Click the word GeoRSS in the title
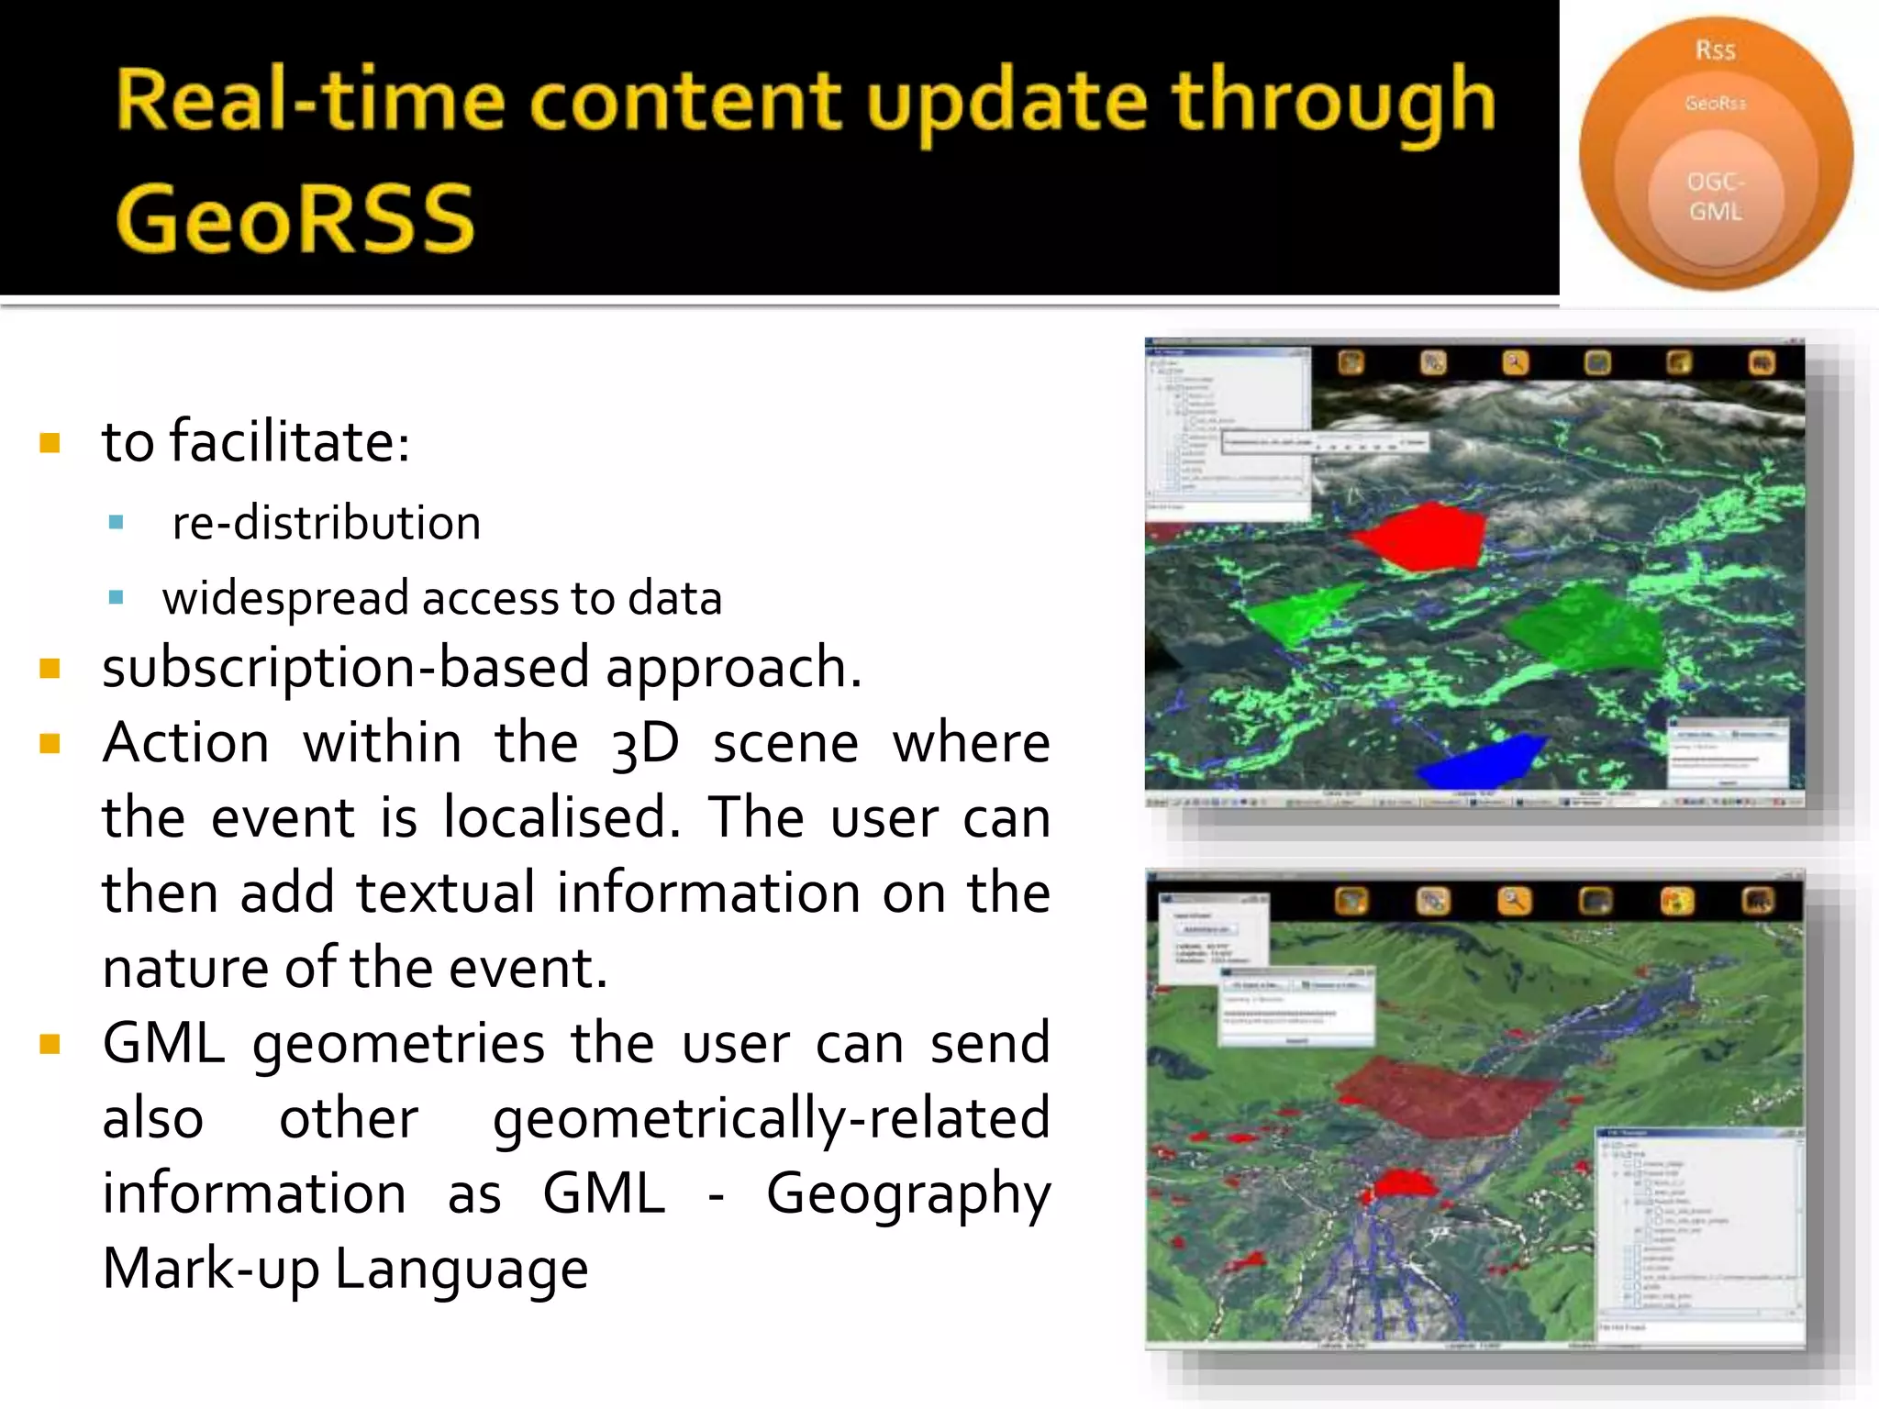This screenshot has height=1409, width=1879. [x=295, y=218]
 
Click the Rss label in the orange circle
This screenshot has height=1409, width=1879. [x=1715, y=50]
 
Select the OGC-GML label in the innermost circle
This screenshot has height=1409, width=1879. [x=1715, y=196]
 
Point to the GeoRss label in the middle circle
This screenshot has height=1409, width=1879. [x=1715, y=104]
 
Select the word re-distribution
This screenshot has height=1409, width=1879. [x=326, y=523]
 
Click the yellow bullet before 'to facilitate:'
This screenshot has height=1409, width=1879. [x=50, y=444]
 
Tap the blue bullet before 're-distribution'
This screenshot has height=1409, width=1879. [x=116, y=523]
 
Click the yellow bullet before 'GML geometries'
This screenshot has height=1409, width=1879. [x=50, y=1045]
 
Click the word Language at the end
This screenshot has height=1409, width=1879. [x=461, y=1270]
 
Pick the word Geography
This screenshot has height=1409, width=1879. [x=907, y=1194]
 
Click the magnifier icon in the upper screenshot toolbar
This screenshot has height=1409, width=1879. [x=1515, y=363]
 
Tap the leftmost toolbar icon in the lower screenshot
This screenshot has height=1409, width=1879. [x=1351, y=902]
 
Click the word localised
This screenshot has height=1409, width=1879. [x=561, y=817]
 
